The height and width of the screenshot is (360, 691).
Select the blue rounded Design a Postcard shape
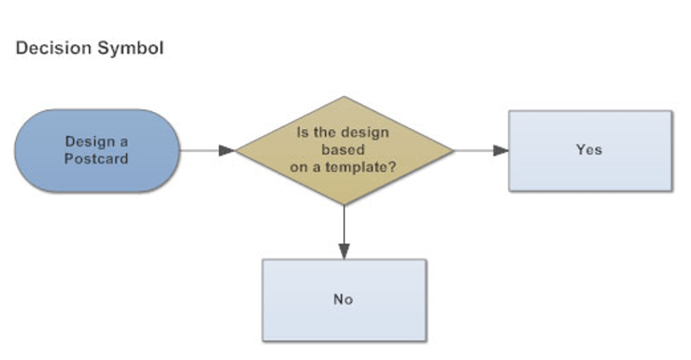tap(96, 150)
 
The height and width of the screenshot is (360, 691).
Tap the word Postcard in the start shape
tap(96, 159)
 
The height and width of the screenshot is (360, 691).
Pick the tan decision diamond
tap(344, 150)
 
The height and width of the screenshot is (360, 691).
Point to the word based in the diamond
tap(343, 149)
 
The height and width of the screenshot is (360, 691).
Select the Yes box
tap(590, 150)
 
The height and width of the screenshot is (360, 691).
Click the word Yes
tap(588, 149)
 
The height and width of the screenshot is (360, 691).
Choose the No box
tap(344, 300)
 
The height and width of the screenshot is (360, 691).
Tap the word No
tap(343, 299)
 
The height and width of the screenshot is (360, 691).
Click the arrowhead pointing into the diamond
tap(227, 150)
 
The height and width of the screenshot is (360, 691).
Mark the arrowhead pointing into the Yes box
tap(501, 150)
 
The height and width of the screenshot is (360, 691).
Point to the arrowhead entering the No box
tap(344, 250)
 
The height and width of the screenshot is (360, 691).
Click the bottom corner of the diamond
tap(344, 204)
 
